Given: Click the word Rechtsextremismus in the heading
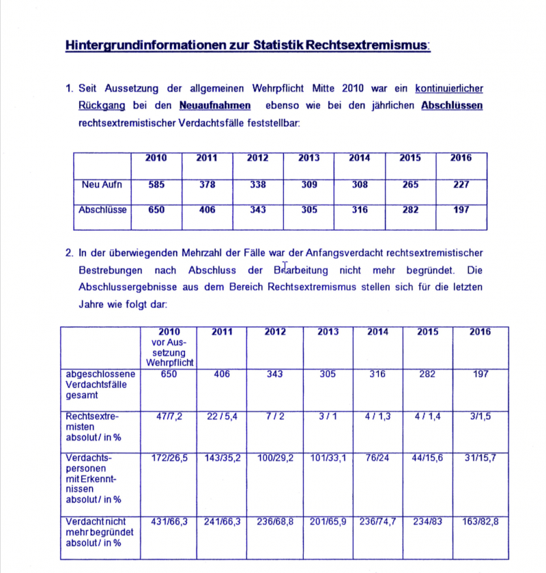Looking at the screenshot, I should (368, 46).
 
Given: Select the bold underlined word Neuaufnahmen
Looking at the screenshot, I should (214, 106).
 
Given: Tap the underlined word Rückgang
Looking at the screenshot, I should (100, 106).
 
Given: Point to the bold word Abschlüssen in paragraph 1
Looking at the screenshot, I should (452, 106).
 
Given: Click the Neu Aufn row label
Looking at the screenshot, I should (101, 185).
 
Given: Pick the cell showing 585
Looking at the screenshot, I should (156, 185).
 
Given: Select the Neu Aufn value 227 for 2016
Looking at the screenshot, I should (461, 185).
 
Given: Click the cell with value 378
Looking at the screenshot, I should (207, 185).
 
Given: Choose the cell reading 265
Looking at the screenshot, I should (410, 185).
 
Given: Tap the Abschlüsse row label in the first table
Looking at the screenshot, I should (102, 210).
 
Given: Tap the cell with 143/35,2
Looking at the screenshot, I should (222, 458).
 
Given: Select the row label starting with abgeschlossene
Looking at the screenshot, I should (100, 384).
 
